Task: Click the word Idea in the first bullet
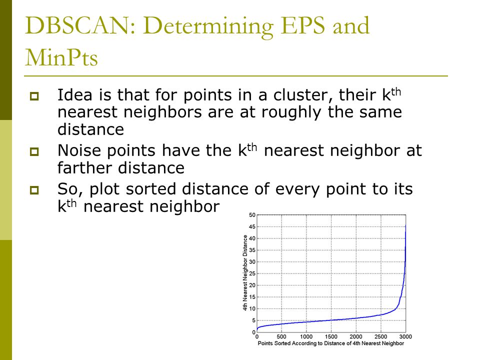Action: pos(74,94)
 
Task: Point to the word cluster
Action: pos(303,95)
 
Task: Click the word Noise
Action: pos(79,150)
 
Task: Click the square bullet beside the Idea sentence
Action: pos(34,96)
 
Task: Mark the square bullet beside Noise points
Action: pos(34,151)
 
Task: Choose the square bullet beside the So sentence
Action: pos(34,190)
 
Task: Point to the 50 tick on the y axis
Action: pos(252,215)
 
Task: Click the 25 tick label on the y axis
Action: pos(252,273)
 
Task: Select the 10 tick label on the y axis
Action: pos(252,308)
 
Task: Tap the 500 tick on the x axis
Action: pos(281,336)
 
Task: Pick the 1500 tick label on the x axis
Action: pos(331,336)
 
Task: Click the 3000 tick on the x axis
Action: pos(405,336)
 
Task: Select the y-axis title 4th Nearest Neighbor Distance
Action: pos(245,273)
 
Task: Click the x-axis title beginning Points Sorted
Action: pos(331,343)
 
